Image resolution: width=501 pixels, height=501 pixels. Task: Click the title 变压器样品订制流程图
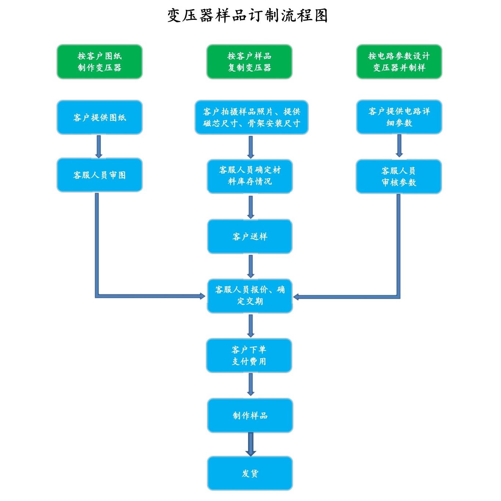tap(247, 16)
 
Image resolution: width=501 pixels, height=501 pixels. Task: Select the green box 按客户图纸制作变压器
tap(99, 62)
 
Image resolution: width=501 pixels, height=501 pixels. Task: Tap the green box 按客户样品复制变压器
tap(249, 62)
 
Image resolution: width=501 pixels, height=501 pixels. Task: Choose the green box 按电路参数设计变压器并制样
tap(399, 62)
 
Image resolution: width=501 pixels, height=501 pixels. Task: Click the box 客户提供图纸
tap(99, 117)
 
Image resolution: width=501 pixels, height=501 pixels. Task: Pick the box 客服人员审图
tap(99, 175)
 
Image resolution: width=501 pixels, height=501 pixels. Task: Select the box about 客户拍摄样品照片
tap(251, 117)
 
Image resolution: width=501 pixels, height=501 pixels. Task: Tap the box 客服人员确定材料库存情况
tap(250, 176)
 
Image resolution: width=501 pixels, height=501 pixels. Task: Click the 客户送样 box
tap(250, 236)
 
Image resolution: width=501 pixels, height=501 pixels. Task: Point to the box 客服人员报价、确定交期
tap(250, 295)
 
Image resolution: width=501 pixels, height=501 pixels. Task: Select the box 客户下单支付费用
tap(249, 355)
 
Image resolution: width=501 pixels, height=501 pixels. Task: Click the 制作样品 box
tap(250, 415)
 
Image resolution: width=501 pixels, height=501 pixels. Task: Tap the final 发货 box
tap(250, 473)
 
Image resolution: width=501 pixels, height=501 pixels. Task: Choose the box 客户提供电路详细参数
tap(399, 117)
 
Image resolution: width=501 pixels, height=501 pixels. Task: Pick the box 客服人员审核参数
tap(399, 177)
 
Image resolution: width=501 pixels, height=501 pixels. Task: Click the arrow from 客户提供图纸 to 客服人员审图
tap(99, 146)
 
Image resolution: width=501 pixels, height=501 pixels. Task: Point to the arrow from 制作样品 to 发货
tap(251, 444)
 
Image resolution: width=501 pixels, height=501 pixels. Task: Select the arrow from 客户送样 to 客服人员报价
tap(251, 266)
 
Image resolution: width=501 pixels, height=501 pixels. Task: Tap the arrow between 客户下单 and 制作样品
tap(251, 385)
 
